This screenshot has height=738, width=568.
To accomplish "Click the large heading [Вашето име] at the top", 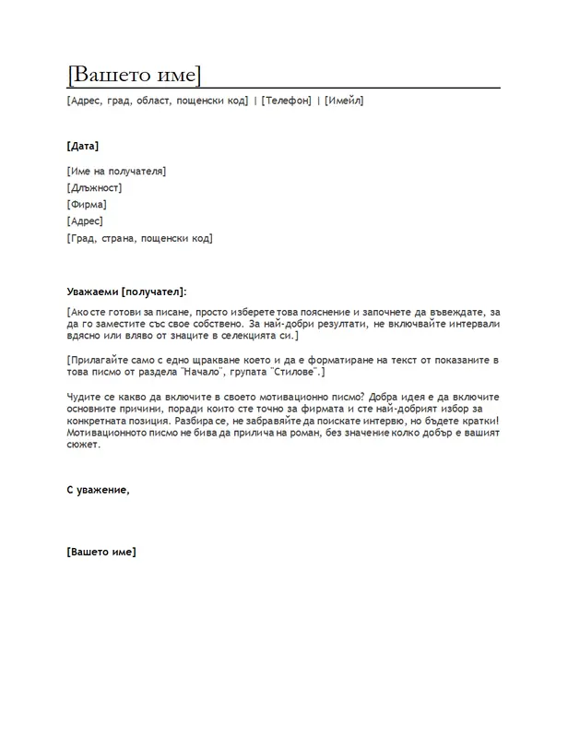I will point(135,75).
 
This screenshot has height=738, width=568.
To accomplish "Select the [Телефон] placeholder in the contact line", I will point(286,101).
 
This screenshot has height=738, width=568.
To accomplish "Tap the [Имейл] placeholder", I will point(344,101).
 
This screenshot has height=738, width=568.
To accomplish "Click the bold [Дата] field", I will point(83,146).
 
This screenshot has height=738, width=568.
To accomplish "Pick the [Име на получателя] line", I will point(116,172).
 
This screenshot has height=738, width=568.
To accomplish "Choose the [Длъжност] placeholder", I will point(94,188).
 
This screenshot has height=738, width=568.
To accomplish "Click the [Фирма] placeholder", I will point(87,205).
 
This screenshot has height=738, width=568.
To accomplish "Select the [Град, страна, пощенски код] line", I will point(140,238).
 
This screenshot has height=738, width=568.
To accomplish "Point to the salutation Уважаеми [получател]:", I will point(126,292).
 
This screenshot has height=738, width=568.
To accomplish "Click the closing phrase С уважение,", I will point(99,490).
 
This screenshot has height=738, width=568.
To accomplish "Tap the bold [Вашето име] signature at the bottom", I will point(101,552).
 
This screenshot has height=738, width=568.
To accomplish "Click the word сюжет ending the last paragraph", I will point(83,444).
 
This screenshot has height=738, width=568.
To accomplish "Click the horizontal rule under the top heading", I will point(284,88).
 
